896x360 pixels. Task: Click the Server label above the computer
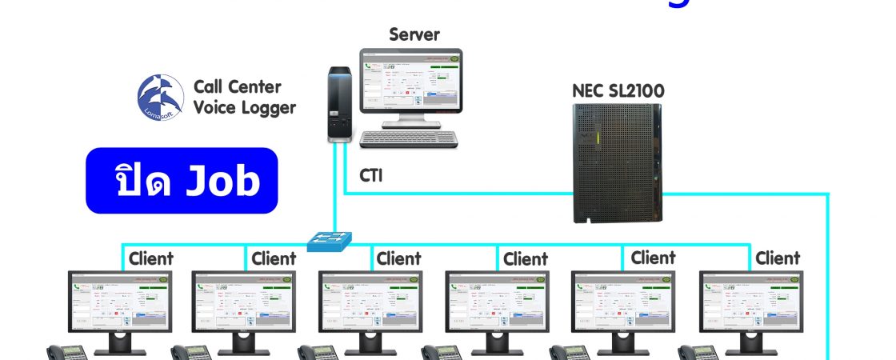[414, 34]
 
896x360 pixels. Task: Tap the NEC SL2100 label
[618, 90]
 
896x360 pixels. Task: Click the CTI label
[370, 175]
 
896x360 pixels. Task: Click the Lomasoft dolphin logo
[161, 98]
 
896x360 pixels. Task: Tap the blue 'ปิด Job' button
[182, 181]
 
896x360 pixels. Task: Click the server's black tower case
[338, 103]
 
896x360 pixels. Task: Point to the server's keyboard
[409, 139]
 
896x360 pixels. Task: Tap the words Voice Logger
[245, 107]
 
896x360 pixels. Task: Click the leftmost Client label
[150, 258]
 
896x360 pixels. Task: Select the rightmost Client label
[778, 258]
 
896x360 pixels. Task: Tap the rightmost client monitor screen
[750, 304]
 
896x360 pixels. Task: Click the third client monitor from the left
[370, 304]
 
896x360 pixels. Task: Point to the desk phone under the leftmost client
[68, 352]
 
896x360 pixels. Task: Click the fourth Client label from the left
[526, 259]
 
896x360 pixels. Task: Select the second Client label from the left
[274, 258]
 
